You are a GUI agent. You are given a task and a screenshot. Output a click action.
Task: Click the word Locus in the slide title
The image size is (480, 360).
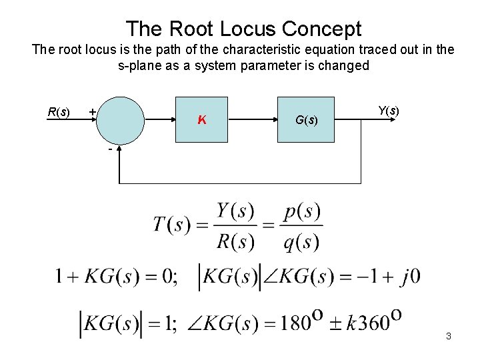click(243, 29)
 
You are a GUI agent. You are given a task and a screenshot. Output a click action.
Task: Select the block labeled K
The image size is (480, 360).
click(201, 120)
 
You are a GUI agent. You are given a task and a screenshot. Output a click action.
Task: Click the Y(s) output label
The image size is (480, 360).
click(388, 111)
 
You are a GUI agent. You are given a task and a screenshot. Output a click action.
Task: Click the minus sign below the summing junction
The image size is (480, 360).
click(110, 149)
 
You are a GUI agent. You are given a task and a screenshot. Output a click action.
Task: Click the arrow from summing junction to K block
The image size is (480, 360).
click(159, 120)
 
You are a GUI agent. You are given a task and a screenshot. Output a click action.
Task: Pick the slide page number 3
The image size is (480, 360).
click(449, 336)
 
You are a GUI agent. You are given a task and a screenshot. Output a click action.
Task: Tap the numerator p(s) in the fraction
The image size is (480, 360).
click(302, 212)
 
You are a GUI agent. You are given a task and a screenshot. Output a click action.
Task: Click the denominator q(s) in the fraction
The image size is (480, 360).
click(302, 241)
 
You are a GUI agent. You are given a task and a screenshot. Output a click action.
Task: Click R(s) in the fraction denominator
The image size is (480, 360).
click(235, 241)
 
